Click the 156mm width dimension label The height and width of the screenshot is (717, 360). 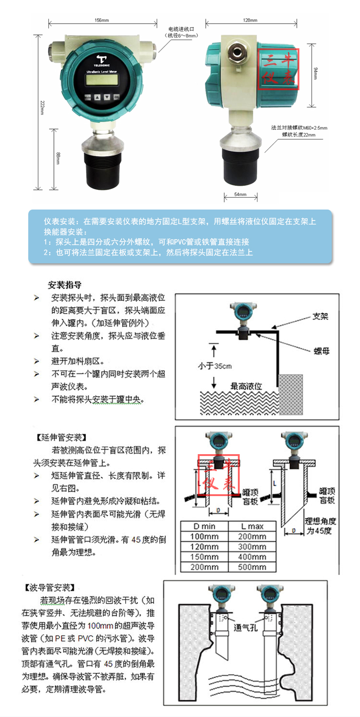click(x=102, y=20)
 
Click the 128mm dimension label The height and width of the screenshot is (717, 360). click(x=250, y=20)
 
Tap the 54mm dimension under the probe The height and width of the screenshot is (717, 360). click(x=240, y=195)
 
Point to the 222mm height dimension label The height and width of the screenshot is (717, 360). click(x=42, y=108)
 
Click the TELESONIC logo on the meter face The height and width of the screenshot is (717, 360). click(x=102, y=61)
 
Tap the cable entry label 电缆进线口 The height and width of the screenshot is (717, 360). click(x=181, y=29)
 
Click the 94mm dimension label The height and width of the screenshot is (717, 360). click(x=316, y=73)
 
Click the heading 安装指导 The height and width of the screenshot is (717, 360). click(x=65, y=285)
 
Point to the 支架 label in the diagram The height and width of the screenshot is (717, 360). click(x=320, y=316)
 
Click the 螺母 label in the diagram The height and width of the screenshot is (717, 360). click(x=322, y=351)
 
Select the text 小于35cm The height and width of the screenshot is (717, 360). click(x=215, y=366)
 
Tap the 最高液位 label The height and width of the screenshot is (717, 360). click(x=246, y=386)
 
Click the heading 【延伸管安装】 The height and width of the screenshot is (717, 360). click(x=61, y=437)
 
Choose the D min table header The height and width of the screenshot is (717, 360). click(x=204, y=526)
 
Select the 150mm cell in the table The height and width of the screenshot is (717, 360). click(x=204, y=557)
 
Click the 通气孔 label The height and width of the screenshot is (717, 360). click(x=246, y=628)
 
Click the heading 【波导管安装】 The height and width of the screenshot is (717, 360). click(x=49, y=588)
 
